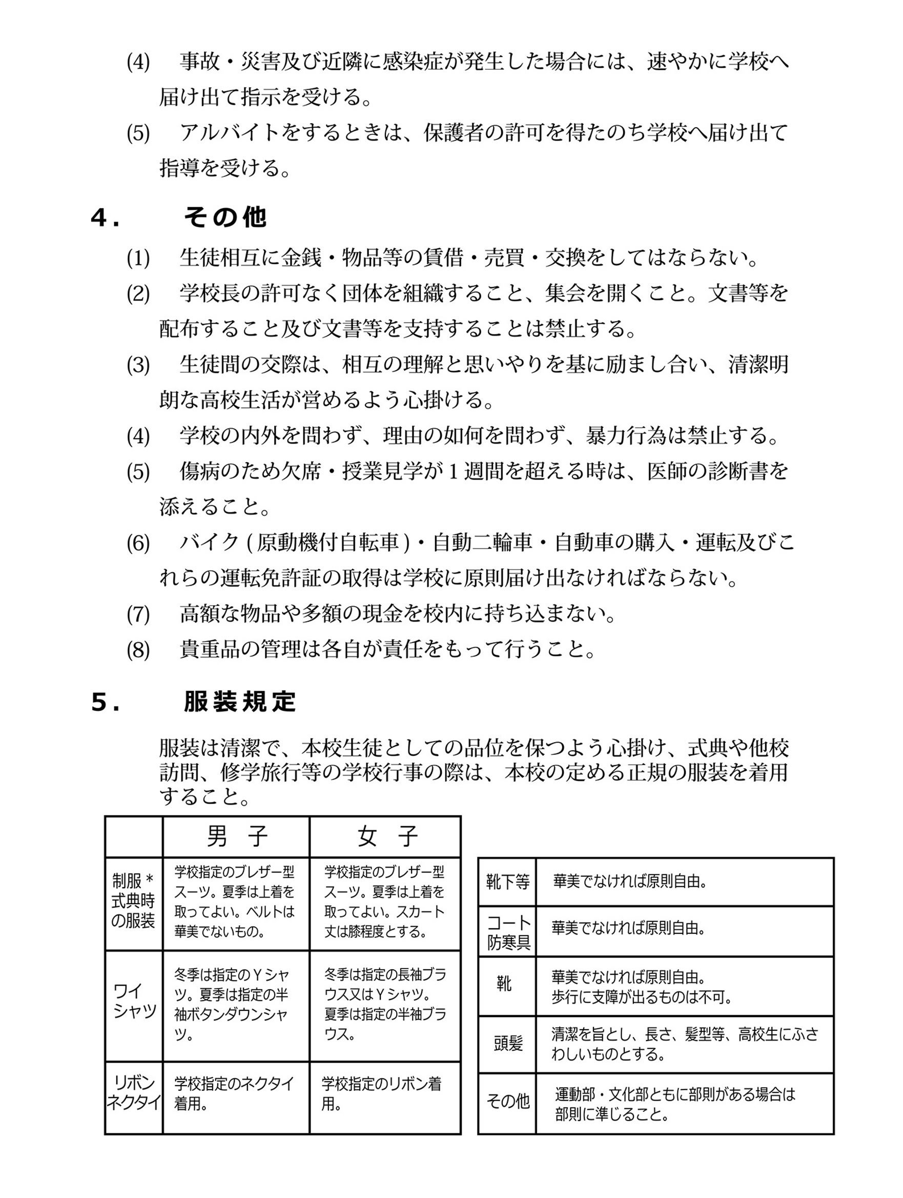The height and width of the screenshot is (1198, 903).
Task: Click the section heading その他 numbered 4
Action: [224, 218]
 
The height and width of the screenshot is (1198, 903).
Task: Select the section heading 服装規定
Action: [240, 702]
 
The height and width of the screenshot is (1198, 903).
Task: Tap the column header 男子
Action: [237, 837]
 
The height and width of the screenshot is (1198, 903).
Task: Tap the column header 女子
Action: [386, 837]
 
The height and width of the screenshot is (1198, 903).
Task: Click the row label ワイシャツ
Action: [134, 1002]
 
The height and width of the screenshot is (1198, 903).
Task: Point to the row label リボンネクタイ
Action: [134, 1092]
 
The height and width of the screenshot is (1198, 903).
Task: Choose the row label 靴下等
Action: [507, 882]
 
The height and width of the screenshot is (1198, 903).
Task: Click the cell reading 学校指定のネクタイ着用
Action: [234, 1093]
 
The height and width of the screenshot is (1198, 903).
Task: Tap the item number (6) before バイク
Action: [138, 543]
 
